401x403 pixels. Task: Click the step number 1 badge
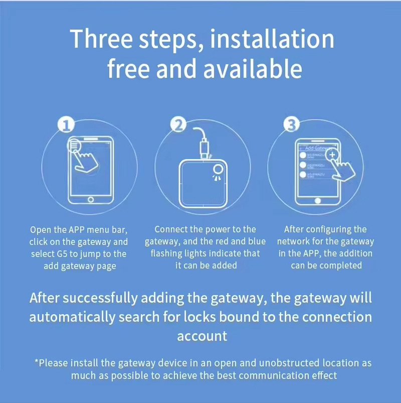point(67,124)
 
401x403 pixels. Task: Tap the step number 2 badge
point(178,124)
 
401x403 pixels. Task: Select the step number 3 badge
point(291,124)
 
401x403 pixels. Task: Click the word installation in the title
point(272,39)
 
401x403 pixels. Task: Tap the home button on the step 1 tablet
point(90,199)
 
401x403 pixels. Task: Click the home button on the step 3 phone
point(316,201)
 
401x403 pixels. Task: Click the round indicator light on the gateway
point(218,169)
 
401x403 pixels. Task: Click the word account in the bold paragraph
point(202,335)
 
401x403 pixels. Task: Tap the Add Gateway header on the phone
point(317,148)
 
